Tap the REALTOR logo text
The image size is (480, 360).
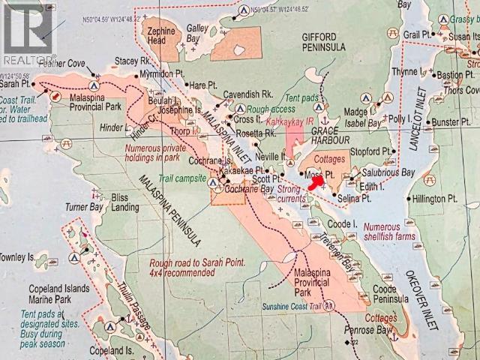point(28,58)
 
